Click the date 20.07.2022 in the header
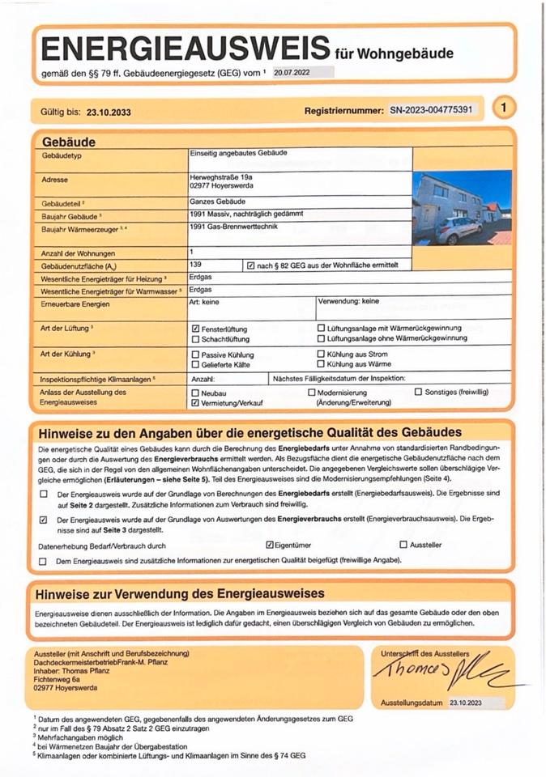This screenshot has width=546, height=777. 292,72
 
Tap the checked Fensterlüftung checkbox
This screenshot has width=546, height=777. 195,329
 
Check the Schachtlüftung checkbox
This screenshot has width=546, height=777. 195,340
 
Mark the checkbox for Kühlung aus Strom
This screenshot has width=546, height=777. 321,355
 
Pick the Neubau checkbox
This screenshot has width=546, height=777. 195,393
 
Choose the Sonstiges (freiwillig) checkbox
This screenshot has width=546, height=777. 418,393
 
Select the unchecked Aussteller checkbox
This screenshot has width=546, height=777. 403,546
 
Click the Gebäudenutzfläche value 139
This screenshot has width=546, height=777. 194,265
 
